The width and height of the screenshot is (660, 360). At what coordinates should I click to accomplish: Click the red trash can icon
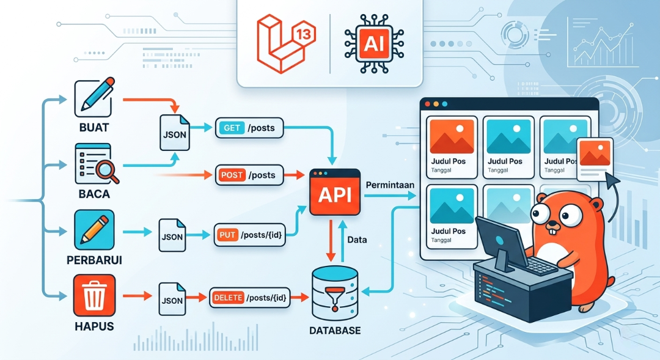point(94,295)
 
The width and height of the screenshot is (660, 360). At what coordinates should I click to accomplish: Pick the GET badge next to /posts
point(232,128)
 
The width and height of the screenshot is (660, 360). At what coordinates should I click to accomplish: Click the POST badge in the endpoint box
point(232,175)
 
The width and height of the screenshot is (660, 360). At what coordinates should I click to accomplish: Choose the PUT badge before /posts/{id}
point(228,235)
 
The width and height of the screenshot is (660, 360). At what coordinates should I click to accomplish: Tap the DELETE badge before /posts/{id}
point(228,298)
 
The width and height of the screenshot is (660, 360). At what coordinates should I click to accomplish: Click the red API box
point(335,193)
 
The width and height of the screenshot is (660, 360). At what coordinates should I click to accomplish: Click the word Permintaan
point(390,185)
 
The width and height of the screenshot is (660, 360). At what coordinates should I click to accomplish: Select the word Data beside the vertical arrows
point(357,240)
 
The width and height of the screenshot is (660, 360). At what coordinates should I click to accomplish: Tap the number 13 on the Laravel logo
point(304,34)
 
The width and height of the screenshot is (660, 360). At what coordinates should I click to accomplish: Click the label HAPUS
point(94,326)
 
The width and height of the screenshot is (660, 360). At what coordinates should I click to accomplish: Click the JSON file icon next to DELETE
point(172,299)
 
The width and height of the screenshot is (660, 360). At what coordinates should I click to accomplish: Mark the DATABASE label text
point(335,331)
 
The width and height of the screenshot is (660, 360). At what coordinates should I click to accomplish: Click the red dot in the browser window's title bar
point(428,104)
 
